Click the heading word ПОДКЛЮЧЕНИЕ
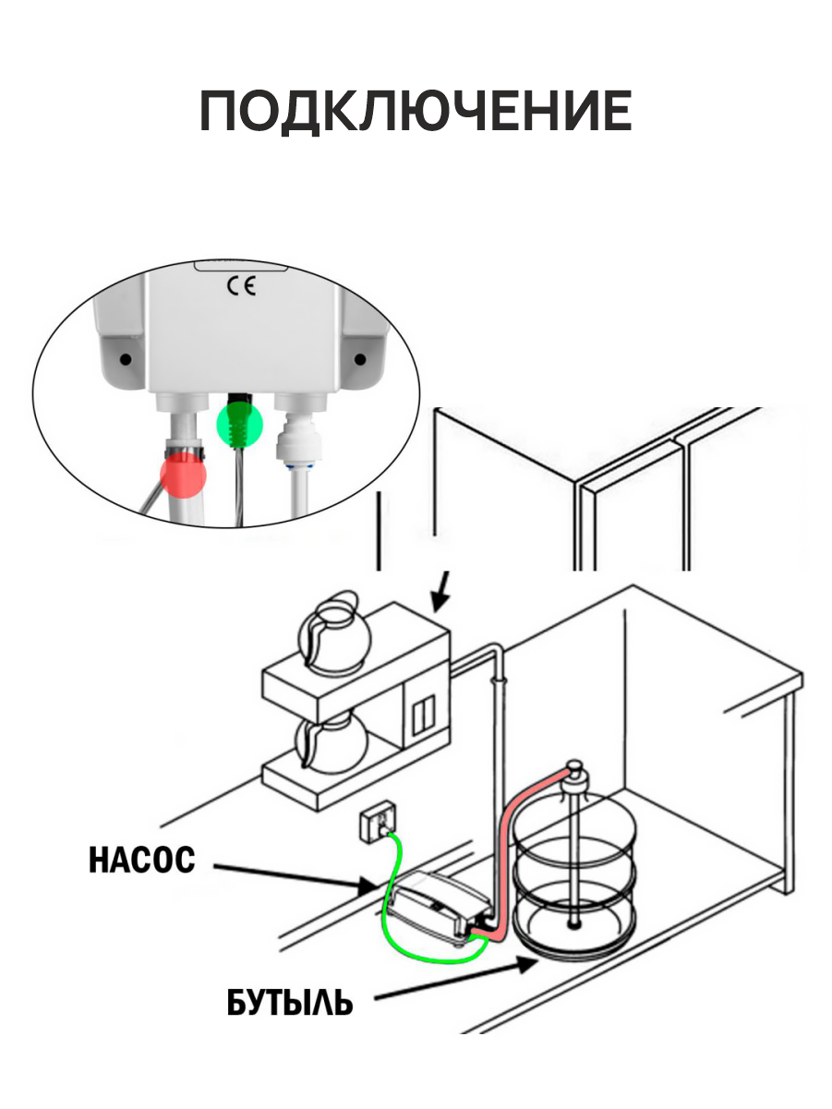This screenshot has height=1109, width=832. tap(416, 113)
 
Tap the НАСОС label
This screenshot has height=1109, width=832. tap(141, 860)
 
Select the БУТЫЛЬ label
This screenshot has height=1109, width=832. tap(289, 1002)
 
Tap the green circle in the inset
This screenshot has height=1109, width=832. tap(240, 424)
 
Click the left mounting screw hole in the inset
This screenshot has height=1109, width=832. tap(124, 356)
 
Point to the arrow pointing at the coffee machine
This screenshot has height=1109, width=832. tap(441, 592)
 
